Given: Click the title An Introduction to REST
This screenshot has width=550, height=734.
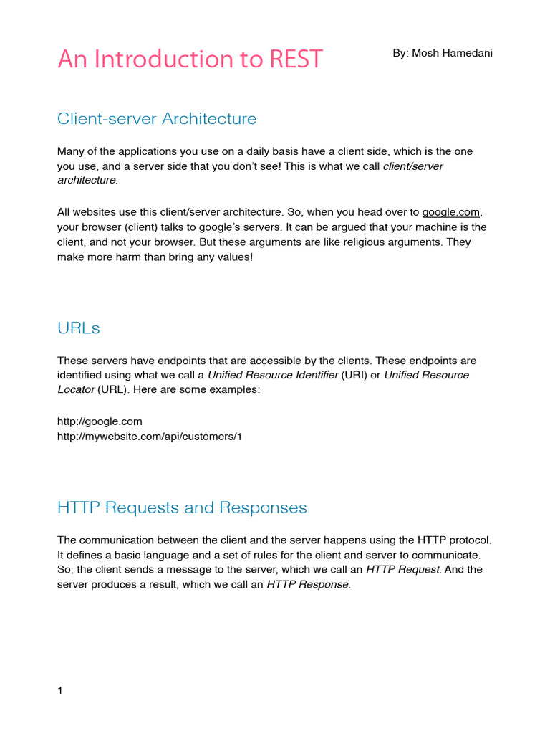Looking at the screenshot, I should coord(190,59).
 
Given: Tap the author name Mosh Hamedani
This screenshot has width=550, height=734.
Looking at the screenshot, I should coord(443,54).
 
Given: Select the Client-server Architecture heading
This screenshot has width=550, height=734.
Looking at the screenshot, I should coord(156,119).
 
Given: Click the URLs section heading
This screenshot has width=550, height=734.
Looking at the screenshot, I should coord(78,328).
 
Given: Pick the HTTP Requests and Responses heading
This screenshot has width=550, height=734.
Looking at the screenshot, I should coord(181,507).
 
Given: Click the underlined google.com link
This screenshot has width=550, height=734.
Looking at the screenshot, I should coord(448,212).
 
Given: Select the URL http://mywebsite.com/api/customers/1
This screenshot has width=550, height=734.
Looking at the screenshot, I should coord(150,436).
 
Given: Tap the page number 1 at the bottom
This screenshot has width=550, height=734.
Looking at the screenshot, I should coord(60,691).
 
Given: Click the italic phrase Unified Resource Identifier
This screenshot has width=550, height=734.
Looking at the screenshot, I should coord(272,375).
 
